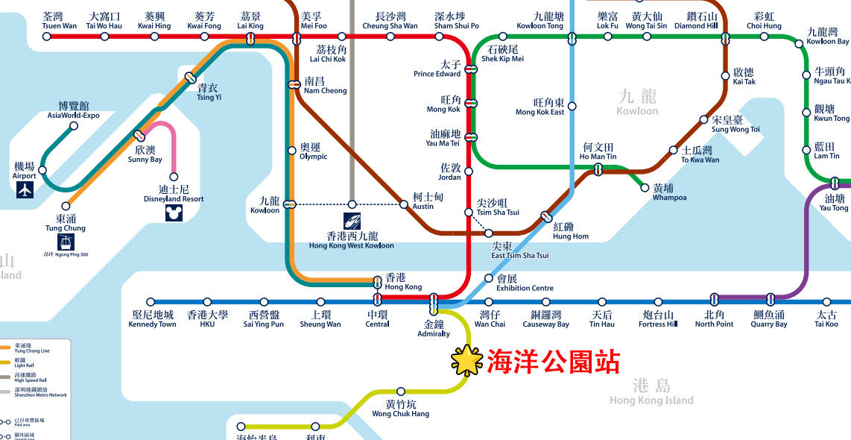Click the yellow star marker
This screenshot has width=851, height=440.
click(467, 361)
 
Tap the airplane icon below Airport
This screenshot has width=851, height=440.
click(25, 190)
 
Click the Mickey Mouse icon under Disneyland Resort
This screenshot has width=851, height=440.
click(174, 213)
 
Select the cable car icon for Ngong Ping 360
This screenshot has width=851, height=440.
click(66, 242)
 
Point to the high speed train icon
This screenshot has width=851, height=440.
click(352, 221)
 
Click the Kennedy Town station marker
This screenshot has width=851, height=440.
click(151, 302)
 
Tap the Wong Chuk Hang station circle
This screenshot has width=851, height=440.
click(401, 392)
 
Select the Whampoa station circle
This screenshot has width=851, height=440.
click(645, 188)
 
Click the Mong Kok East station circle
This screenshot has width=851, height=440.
click(572, 107)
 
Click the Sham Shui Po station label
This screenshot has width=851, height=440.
click(456, 21)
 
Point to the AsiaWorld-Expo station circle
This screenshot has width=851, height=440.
click(74, 126)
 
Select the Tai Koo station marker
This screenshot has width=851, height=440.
click(826, 302)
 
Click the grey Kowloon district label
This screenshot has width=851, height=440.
click(637, 102)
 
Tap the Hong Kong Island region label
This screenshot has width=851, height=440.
click(651, 392)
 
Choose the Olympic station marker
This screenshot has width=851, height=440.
click(292, 151)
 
